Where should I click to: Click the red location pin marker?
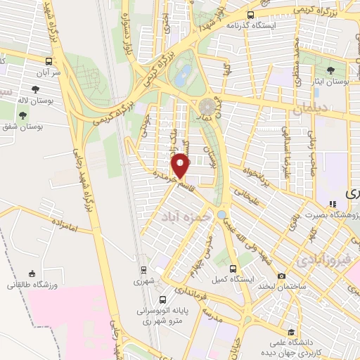tap(181, 166)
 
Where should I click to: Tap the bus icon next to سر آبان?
tap(49, 61)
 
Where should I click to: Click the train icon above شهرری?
tap(143, 269)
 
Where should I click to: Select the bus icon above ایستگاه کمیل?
tap(234, 268)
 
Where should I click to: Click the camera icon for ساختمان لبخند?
tap(281, 276)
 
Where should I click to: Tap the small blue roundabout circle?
tap(222, 214)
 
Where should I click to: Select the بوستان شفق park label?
tap(25, 127)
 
